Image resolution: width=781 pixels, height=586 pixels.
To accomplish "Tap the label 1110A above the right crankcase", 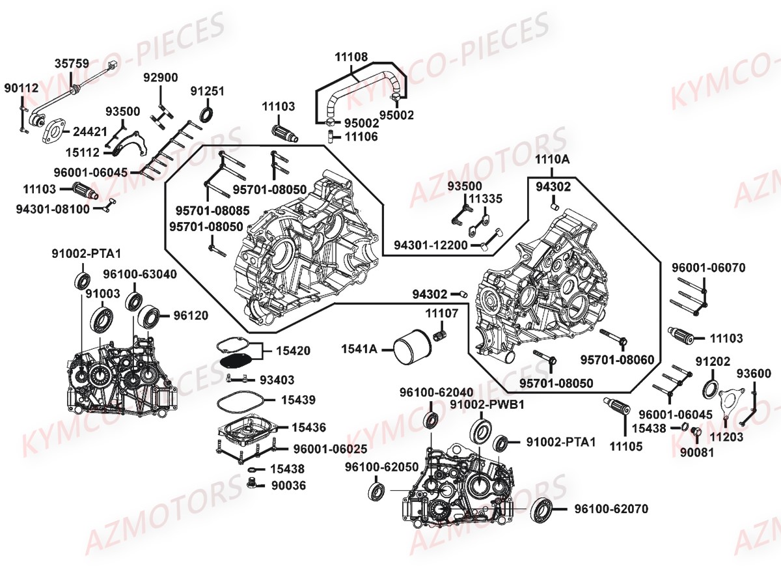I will pos(553,160).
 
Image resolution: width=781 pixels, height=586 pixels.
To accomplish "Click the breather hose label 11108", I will pos(352,58).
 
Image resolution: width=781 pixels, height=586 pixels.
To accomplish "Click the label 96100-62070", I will pos(610,509).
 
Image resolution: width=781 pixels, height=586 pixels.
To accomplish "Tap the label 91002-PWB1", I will pos(487,404).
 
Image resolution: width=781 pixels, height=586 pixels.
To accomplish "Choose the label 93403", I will pos(277,379).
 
